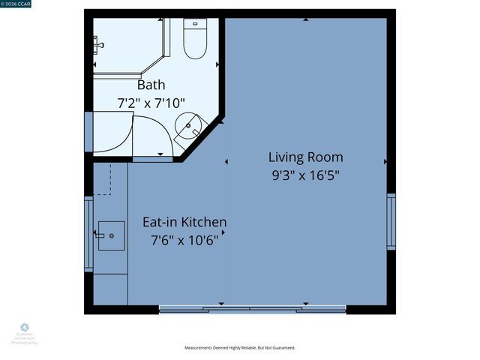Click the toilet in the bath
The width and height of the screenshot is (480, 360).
pos(195,41)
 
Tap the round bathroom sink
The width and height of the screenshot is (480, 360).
pos(188,129)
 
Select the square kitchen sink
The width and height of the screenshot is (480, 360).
pos(110,235)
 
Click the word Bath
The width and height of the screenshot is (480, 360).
pos(151,85)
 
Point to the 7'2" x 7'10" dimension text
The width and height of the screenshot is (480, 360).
pos(151,102)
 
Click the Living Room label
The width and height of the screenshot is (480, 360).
pos(306,157)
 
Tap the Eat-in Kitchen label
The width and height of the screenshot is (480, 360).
pos(184,223)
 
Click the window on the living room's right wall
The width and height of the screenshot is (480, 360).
pos(390,221)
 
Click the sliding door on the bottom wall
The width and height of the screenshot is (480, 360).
pos(252,308)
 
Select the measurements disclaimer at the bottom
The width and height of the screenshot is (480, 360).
pos(240,348)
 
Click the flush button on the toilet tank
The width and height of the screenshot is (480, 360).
pos(194,24)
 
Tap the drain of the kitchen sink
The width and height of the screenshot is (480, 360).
pos(112,236)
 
